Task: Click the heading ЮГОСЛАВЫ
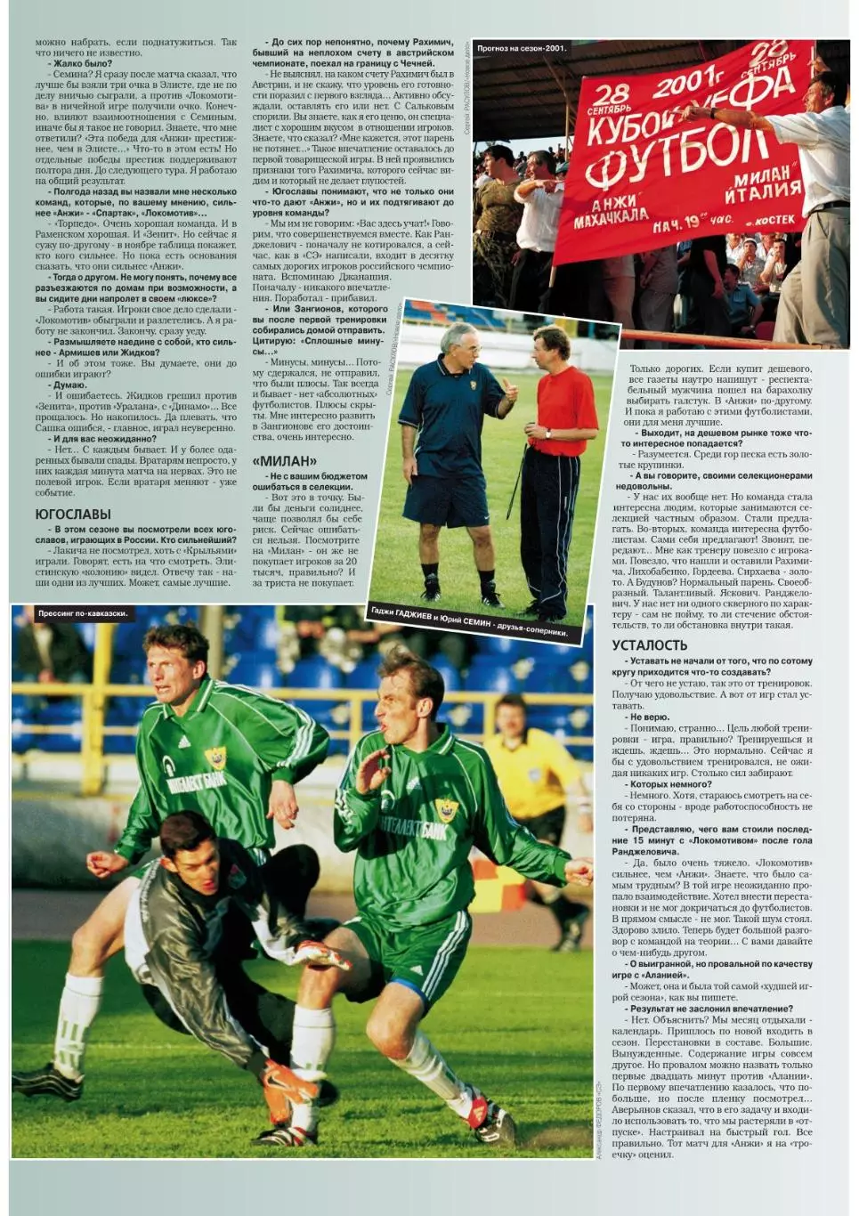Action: [x=73, y=515]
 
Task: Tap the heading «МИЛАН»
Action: [x=284, y=461]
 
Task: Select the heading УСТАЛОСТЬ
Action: [x=650, y=645]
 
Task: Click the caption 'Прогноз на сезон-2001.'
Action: [x=522, y=49]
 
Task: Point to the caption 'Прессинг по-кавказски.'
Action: [x=83, y=613]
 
